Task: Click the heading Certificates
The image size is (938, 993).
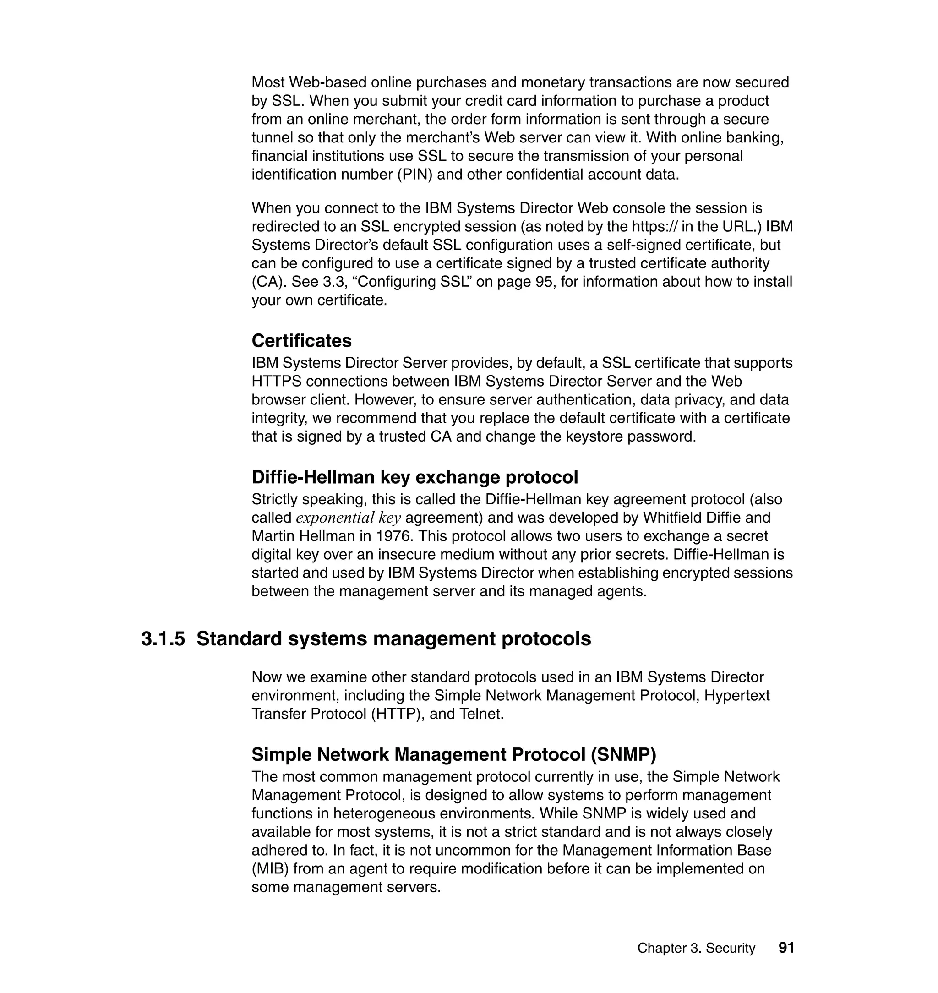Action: tap(301, 341)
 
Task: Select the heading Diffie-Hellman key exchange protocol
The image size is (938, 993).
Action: tap(414, 478)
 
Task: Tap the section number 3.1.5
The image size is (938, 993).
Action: tap(163, 639)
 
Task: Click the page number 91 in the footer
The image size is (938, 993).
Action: tap(786, 948)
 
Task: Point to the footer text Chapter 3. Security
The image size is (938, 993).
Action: tap(696, 948)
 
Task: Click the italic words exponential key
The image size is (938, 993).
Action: tap(349, 518)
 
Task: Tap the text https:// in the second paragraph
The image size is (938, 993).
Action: tap(654, 227)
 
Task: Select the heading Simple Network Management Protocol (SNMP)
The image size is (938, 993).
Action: tap(453, 754)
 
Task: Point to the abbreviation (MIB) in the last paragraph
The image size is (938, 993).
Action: tap(270, 868)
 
